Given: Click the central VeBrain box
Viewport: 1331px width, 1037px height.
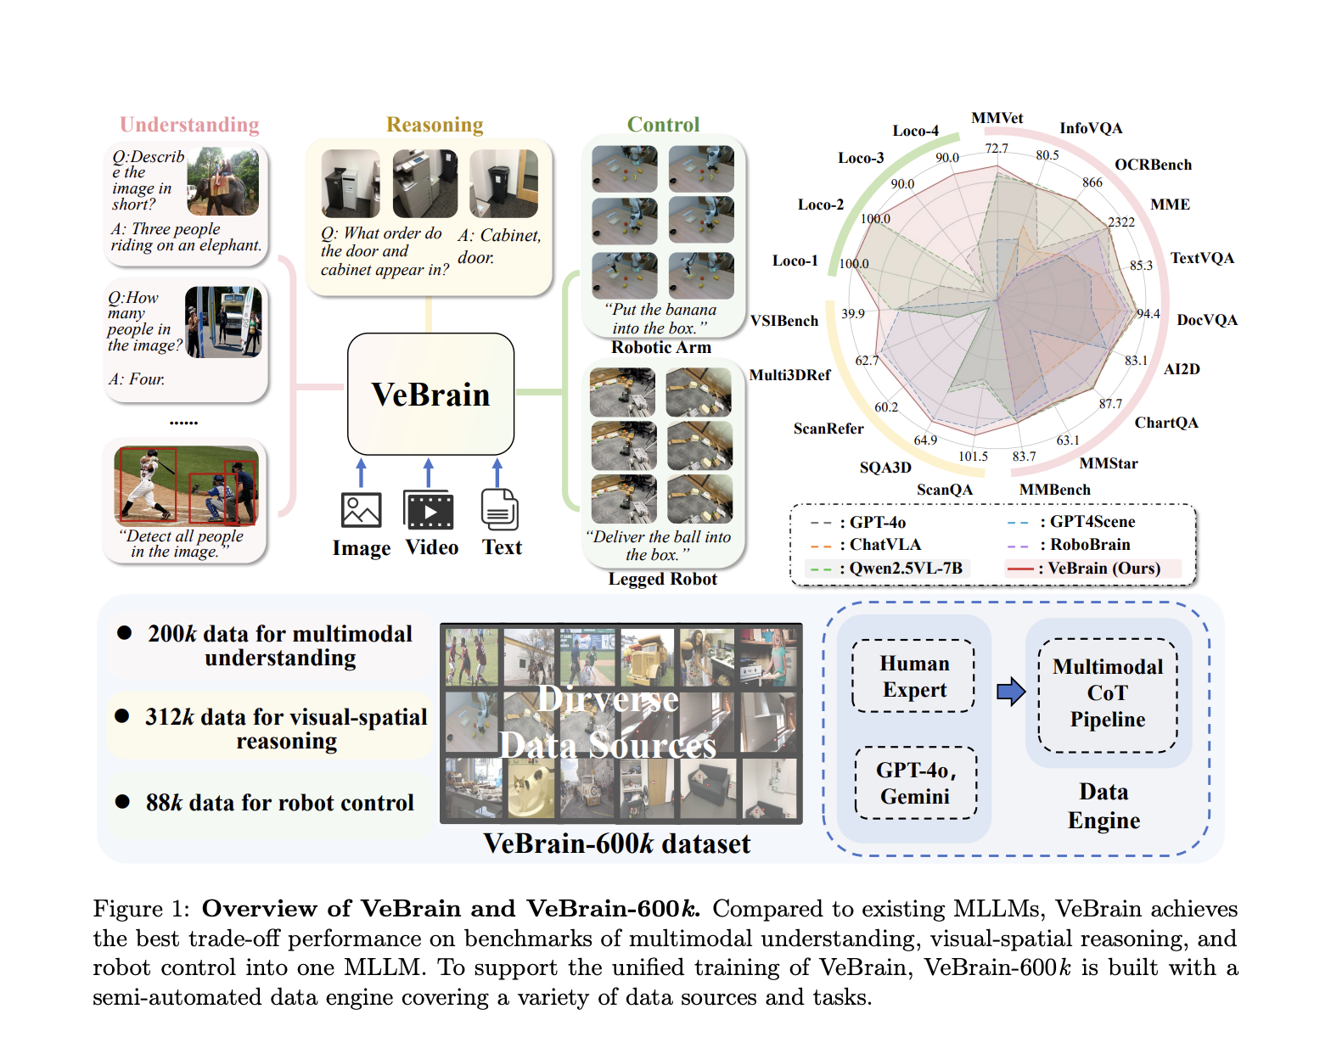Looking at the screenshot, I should tap(430, 395).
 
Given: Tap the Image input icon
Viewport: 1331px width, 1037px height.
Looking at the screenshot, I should tap(361, 510).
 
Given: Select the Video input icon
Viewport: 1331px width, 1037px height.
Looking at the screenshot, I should tap(429, 510).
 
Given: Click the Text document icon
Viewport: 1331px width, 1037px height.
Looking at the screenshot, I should tap(499, 510).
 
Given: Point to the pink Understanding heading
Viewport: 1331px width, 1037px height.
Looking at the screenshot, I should tap(189, 125).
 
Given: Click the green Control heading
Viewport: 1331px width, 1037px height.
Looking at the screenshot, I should tap(663, 125).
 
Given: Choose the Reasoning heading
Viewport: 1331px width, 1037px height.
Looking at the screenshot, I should tap(435, 125).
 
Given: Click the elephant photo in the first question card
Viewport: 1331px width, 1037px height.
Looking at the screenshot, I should tap(223, 181).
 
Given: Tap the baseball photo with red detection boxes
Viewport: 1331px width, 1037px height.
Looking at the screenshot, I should tap(186, 485).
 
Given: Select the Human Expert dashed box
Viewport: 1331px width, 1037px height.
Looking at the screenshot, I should tap(914, 676).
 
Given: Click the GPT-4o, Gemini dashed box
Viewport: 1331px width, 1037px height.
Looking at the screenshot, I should tap(916, 782).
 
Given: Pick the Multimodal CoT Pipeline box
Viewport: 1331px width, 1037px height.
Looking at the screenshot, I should tap(1107, 694).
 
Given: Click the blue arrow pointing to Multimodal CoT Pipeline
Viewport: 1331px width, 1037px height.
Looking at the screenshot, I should tap(1010, 692).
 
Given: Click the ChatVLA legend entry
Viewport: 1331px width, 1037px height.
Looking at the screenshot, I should tap(874, 545).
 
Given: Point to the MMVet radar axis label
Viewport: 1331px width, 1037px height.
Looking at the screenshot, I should tap(997, 118).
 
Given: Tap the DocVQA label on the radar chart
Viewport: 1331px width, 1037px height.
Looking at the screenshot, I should tap(1206, 320).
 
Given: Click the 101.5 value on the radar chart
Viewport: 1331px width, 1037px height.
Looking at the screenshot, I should tap(973, 457).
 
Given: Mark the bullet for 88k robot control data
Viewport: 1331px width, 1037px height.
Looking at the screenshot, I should tap(123, 802).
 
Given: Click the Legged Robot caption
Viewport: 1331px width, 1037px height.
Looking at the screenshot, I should tap(662, 579).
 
